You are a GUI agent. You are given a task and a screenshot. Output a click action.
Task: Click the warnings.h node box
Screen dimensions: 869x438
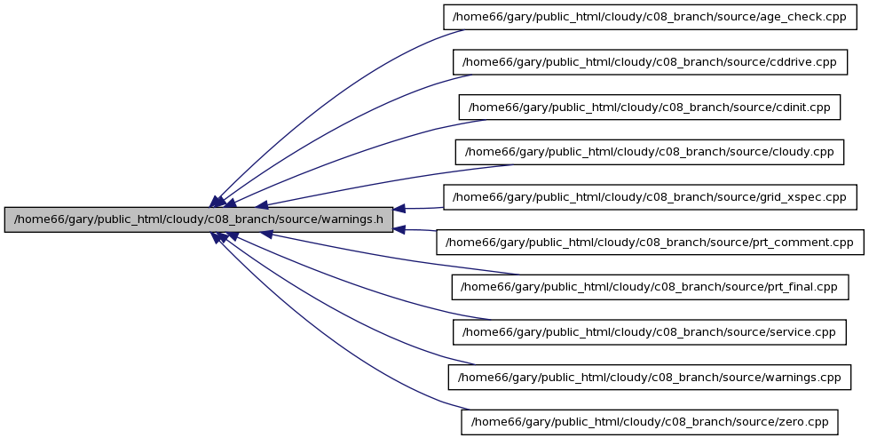click(x=199, y=219)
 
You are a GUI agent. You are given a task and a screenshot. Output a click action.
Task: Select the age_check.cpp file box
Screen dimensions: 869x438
click(x=650, y=17)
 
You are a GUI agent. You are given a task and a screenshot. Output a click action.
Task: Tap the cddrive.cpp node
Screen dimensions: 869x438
click(x=650, y=61)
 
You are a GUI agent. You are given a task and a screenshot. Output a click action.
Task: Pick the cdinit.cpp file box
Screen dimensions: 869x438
click(x=650, y=107)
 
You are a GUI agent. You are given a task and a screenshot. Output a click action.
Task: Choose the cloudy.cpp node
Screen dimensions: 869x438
click(x=650, y=152)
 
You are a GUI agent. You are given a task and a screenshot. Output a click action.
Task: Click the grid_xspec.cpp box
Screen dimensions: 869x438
click(x=650, y=197)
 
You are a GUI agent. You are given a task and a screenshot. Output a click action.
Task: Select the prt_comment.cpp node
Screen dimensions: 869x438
click(x=650, y=243)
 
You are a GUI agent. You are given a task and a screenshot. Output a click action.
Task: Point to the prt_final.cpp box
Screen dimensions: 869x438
click(x=650, y=287)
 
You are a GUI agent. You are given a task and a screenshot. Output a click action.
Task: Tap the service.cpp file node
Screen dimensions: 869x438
click(x=650, y=332)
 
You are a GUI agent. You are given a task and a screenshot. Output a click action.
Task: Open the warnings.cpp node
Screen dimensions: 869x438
click(x=650, y=377)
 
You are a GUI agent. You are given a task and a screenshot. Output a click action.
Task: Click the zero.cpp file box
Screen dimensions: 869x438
click(x=650, y=422)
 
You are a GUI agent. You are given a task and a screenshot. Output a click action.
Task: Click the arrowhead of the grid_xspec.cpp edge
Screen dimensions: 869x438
click(x=399, y=209)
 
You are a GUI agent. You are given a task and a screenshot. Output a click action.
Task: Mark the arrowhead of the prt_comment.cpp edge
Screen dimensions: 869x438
click(x=399, y=229)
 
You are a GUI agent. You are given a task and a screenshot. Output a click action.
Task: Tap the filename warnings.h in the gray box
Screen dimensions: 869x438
click(x=351, y=219)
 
